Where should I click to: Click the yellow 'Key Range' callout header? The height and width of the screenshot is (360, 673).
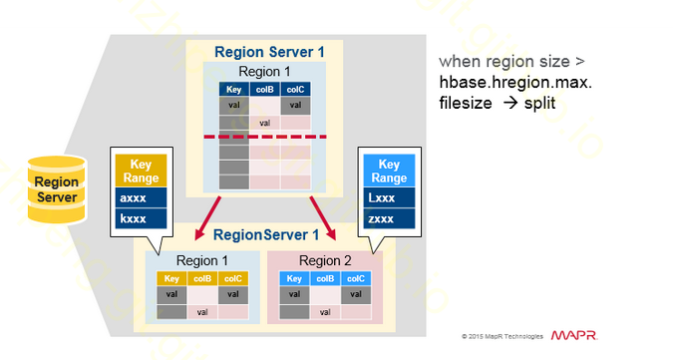140,171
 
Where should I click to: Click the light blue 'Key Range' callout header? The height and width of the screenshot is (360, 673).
389,171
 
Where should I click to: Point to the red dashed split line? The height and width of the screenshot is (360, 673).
264,137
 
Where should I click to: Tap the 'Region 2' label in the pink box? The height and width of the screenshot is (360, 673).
324,260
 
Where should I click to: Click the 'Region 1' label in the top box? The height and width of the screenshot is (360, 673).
264,72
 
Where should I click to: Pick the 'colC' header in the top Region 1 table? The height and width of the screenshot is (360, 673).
295,90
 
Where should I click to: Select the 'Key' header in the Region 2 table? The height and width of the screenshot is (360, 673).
294,279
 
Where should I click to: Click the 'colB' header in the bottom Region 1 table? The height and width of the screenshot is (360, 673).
202,279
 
